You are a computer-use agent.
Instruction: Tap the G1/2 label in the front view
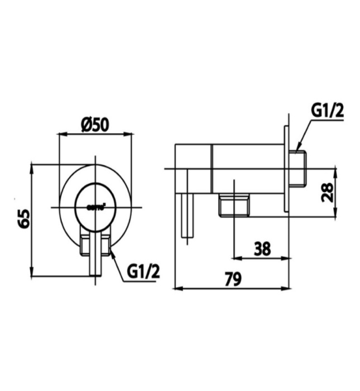coord(144,271)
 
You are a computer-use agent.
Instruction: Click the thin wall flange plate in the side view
coord(287,168)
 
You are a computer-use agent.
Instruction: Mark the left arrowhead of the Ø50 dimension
coord(62,134)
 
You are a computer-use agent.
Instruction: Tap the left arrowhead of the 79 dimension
coord(178,289)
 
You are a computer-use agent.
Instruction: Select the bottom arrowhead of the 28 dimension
coord(335,216)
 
